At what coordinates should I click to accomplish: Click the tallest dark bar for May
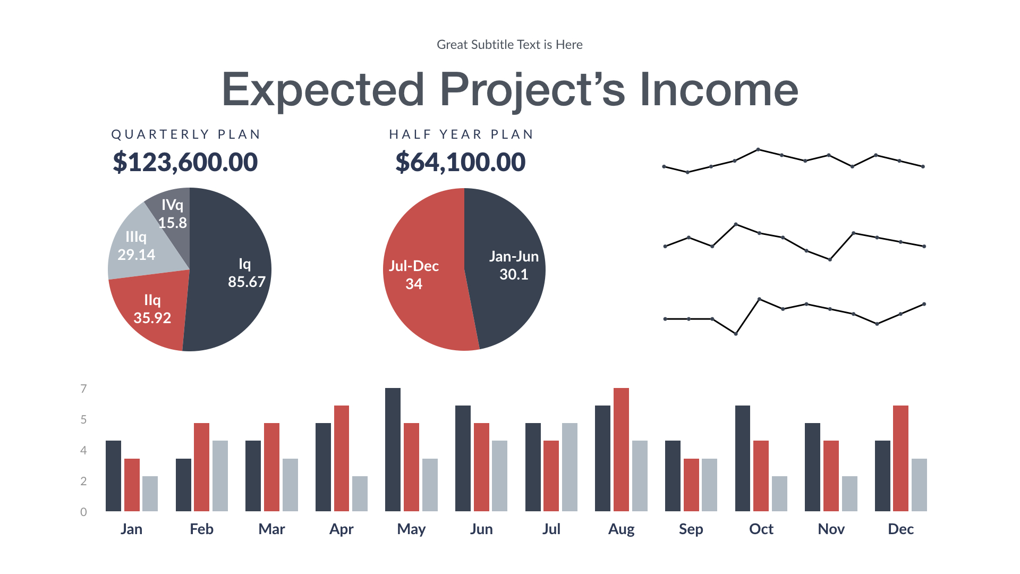[393, 450]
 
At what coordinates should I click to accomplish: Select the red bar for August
[621, 450]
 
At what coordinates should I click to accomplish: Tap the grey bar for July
[569, 467]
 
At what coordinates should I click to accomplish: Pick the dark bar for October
[742, 458]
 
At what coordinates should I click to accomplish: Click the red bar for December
[900, 458]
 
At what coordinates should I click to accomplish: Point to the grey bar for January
[150, 494]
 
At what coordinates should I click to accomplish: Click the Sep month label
[691, 529]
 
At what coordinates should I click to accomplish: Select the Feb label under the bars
[201, 529]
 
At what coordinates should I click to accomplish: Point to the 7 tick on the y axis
[83, 389]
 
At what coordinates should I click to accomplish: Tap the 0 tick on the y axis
[83, 512]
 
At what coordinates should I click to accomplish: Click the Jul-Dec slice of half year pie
[420, 287]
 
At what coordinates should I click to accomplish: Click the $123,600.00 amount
[185, 162]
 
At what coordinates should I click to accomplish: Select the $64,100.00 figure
[460, 162]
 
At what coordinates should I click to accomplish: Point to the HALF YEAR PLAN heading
[461, 134]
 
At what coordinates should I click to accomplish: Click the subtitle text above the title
[509, 45]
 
